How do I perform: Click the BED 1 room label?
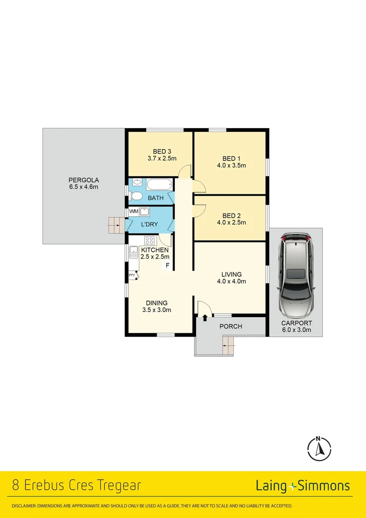click(229, 159)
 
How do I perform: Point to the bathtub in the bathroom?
click(158, 184)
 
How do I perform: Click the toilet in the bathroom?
click(135, 197)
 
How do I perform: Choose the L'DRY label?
click(149, 224)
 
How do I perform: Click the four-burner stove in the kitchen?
click(149, 241)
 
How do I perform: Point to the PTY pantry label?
click(132, 275)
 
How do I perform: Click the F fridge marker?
click(168, 265)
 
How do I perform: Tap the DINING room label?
click(157, 303)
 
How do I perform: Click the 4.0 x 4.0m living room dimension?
click(231, 282)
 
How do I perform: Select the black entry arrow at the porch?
click(205, 317)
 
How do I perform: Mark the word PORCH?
click(231, 327)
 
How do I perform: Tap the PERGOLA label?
click(83, 180)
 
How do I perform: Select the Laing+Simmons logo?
click(302, 486)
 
